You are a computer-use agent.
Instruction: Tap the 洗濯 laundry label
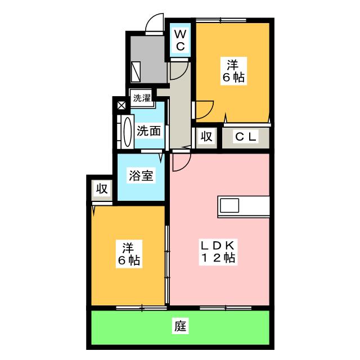pos(141,98)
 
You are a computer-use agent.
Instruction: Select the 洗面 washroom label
pos(149,131)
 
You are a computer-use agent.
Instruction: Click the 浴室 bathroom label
pos(141,175)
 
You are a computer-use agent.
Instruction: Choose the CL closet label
pos(246,136)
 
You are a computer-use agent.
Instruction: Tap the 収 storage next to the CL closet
pos(206,136)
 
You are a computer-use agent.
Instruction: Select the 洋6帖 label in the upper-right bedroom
pos(232,71)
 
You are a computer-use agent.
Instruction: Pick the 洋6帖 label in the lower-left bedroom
pos(129,254)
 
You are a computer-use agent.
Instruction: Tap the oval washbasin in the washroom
pos(126,131)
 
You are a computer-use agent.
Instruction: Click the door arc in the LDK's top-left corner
pos(181,162)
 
